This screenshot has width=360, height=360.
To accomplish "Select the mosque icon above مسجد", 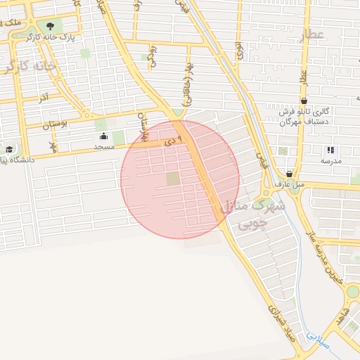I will coord(104,136).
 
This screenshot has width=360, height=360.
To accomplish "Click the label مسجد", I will coord(104,146).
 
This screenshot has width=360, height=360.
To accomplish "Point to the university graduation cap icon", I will coord(9,149).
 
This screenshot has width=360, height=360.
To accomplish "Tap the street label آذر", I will coord(44,95).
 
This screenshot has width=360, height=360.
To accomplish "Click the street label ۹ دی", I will coord(172,141).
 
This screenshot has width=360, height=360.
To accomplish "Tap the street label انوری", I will coord(240,49).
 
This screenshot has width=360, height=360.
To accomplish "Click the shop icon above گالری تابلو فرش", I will coord(303,101).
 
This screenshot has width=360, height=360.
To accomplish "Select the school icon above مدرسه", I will coord(330,150).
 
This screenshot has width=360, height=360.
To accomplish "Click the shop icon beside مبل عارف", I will coord(289,174).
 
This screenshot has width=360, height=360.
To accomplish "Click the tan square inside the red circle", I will coord(173,179).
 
